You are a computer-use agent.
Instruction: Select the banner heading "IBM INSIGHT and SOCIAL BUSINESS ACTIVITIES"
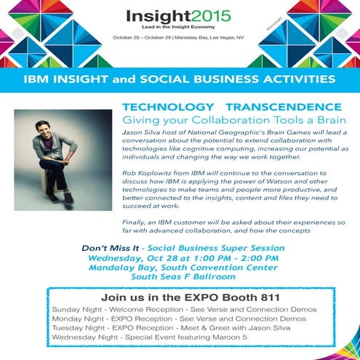click(x=180, y=78)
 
